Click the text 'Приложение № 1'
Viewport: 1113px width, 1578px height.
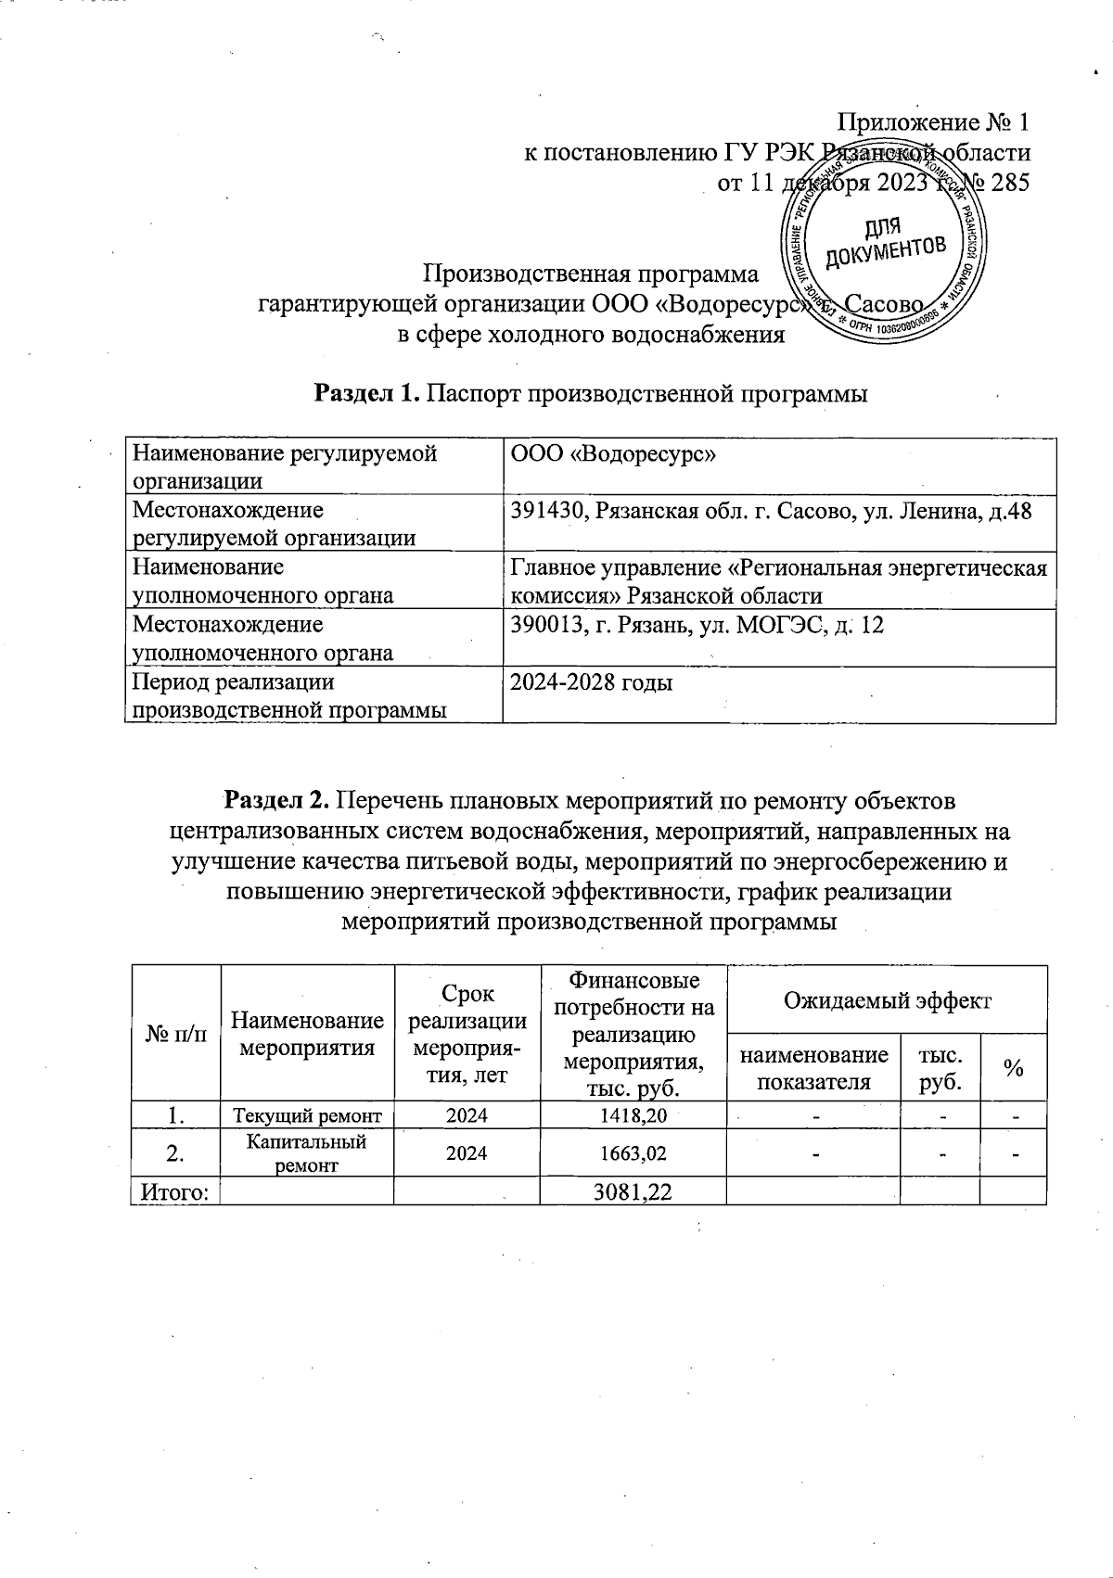933,122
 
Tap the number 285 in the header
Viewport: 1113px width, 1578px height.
1010,183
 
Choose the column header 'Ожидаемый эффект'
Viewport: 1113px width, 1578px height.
887,1000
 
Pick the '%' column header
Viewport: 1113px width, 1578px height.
1013,1068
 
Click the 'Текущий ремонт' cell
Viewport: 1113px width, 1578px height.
307,1115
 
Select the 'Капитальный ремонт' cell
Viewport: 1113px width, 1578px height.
307,1153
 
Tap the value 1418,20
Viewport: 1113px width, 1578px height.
633,1115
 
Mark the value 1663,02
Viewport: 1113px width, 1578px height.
633,1153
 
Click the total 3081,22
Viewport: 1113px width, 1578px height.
633,1191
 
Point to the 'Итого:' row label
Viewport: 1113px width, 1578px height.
175,1191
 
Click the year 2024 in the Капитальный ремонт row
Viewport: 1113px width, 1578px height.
467,1153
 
